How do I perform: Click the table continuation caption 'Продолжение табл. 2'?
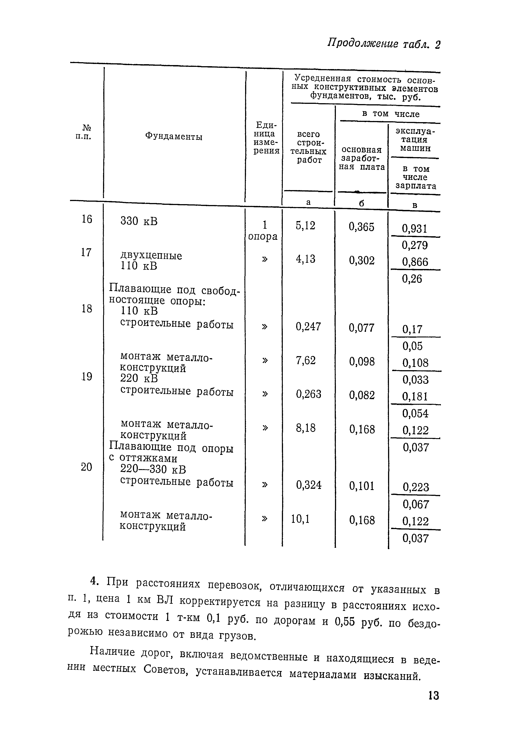coord(384,44)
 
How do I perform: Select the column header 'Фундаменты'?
coord(174,137)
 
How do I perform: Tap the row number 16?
coord(87,219)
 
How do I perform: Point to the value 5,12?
coord(305,225)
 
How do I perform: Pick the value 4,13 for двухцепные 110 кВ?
coord(305,259)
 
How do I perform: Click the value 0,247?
coord(308,326)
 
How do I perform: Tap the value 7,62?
coord(305,360)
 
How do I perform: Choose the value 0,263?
coord(308,394)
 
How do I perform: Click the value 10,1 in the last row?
coord(300,519)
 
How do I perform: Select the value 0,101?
coord(362,486)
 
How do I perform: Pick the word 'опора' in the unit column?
coord(263,237)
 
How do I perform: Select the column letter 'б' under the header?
coord(362,203)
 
